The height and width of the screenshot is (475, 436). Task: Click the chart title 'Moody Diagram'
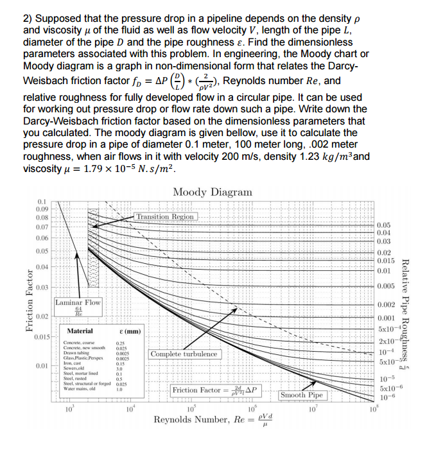tap(212, 192)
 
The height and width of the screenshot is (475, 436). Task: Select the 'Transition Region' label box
tap(165, 217)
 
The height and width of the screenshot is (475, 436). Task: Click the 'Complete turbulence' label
tap(184, 354)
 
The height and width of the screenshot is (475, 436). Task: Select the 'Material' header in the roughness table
tap(81, 331)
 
